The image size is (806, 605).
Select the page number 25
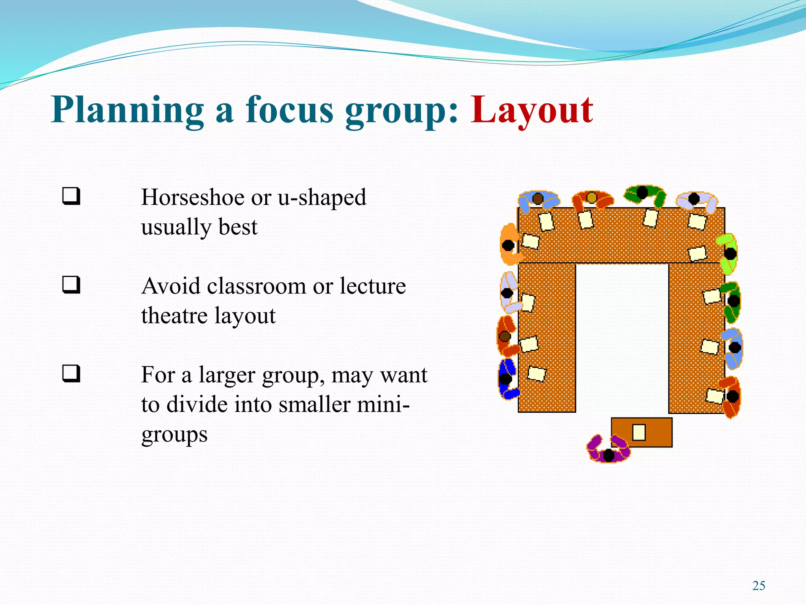pyautogui.click(x=758, y=586)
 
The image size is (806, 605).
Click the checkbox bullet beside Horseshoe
pyautogui.click(x=71, y=196)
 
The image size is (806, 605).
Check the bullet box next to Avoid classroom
pyautogui.click(x=71, y=285)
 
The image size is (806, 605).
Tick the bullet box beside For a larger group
pyautogui.click(x=71, y=374)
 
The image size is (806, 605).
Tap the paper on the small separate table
pyautogui.click(x=639, y=432)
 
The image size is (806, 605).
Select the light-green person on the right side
pyautogui.click(x=727, y=253)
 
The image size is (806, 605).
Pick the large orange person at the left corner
pyautogui.click(x=510, y=245)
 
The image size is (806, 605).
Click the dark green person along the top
pyautogui.click(x=644, y=194)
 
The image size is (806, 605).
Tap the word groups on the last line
pyautogui.click(x=174, y=435)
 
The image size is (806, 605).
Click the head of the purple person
pyautogui.click(x=608, y=455)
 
